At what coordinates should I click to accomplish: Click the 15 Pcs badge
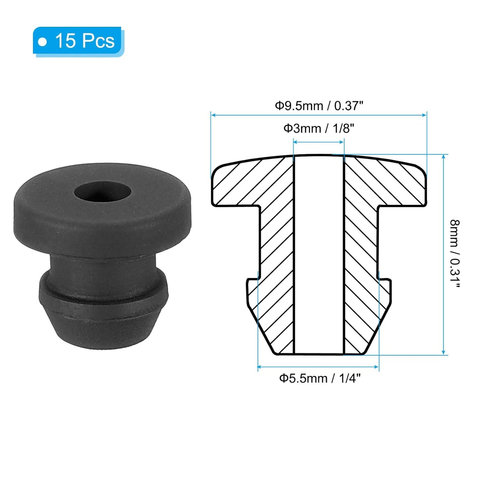pos(78,41)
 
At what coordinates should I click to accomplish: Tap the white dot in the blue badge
pos(42,42)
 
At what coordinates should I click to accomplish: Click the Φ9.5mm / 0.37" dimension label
pos(319,106)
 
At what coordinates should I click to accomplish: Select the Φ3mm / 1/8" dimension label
pos(319,129)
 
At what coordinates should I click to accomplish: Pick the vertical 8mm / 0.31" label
pos(455,254)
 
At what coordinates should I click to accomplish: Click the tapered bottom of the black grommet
pos(103,326)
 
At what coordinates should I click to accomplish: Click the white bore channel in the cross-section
pos(319,254)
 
